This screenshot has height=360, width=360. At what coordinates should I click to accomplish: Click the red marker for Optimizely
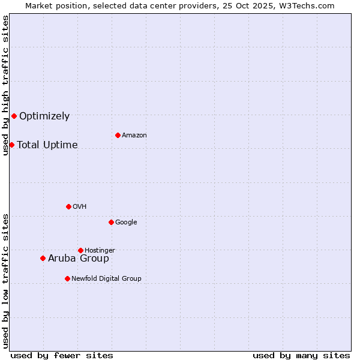14,116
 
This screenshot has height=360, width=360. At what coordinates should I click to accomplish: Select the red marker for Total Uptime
11,145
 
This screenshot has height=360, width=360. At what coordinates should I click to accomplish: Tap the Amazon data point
118,135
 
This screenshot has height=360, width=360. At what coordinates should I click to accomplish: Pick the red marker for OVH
68,206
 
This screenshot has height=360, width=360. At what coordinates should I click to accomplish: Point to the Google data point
111,222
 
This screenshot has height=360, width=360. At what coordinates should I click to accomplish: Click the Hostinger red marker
80,250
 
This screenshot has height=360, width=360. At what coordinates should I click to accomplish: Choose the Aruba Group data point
43,258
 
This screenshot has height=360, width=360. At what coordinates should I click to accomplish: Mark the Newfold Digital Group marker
67,278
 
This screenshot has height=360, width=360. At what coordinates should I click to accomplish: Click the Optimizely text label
44,116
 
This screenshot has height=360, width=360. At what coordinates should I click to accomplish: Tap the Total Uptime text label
47,145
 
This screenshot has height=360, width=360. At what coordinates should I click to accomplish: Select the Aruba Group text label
79,259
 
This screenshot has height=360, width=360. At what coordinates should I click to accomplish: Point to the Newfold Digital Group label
106,278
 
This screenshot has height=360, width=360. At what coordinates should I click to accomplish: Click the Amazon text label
134,136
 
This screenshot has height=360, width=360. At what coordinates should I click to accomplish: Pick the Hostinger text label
100,250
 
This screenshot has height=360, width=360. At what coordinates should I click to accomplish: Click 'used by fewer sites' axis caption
62,355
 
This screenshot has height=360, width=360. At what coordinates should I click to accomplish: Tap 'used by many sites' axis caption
301,355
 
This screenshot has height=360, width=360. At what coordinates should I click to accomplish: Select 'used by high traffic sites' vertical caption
5,86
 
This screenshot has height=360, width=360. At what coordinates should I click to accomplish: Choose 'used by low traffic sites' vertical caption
5,280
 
